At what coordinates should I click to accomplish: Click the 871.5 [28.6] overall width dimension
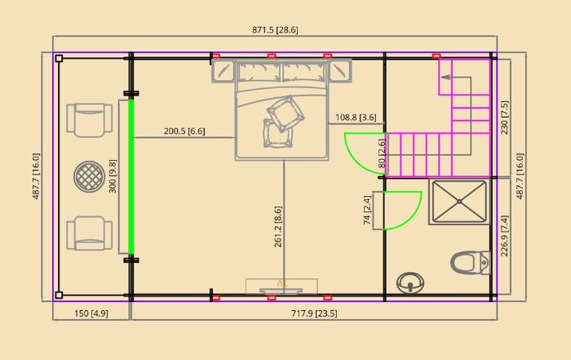[x=275, y=30]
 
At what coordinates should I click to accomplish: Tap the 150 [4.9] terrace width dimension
[x=91, y=313]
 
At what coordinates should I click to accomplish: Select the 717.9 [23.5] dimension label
[x=314, y=313]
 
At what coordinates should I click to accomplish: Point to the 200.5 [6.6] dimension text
[x=184, y=131]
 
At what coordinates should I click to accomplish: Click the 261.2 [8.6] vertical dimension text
[x=278, y=227]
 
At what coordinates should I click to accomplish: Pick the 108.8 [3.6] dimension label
[x=356, y=118]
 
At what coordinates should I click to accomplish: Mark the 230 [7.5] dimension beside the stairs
[x=504, y=118]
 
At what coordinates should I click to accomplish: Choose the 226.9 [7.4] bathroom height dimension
[x=504, y=236]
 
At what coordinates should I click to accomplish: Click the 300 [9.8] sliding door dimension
[x=113, y=176]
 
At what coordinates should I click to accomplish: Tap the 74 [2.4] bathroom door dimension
[x=367, y=211]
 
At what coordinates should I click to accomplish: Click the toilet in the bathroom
[x=471, y=262]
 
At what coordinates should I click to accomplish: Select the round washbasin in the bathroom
[x=410, y=282]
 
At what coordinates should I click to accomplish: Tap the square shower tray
[x=459, y=201]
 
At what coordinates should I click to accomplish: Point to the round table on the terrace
[x=89, y=176]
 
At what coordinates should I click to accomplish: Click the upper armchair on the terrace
[x=89, y=120]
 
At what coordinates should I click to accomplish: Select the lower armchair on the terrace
[x=89, y=233]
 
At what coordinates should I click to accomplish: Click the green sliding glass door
[x=131, y=176]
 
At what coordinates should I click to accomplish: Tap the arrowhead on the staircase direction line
[x=445, y=78]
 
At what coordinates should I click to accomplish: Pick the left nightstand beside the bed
[x=223, y=71]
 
